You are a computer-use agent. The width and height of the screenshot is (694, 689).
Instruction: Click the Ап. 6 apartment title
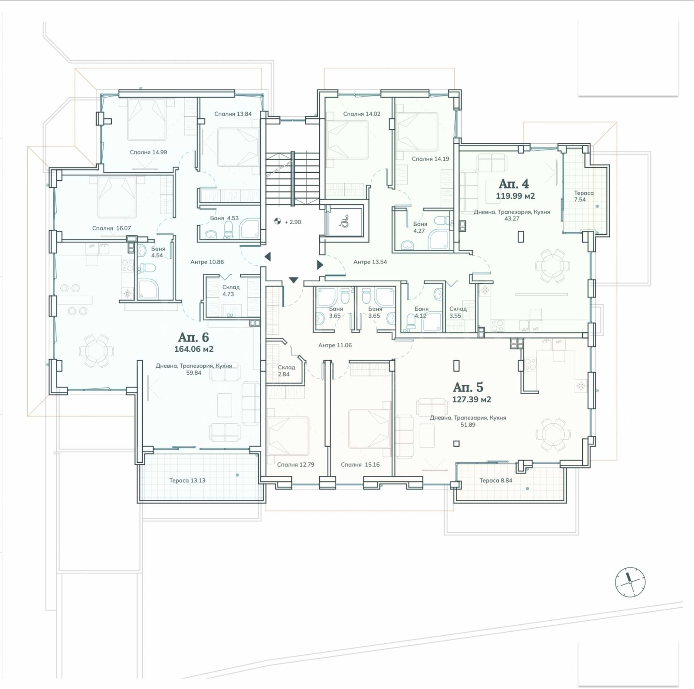coord(193,337)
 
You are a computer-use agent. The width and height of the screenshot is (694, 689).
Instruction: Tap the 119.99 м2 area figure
coord(515,196)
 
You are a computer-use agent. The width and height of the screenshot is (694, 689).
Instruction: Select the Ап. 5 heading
coord(468,387)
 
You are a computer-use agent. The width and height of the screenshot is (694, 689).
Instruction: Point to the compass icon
coord(630,582)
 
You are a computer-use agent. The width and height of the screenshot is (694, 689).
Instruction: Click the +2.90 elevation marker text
coord(292,222)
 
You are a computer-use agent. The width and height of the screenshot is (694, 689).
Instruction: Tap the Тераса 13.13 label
coord(187,481)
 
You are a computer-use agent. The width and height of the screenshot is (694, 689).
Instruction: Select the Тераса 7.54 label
coord(584,196)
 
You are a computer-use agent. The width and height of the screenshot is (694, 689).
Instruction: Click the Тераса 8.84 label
coord(496,481)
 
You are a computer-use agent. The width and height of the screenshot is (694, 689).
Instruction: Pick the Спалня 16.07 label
coord(111,228)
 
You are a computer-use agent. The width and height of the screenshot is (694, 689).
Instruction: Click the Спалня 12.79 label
coord(296,465)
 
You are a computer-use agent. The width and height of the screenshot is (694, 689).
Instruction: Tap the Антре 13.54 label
coord(370,262)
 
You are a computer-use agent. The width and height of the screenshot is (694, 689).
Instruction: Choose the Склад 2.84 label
coord(286,371)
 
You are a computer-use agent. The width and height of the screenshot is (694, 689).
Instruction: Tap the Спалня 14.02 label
coord(362,114)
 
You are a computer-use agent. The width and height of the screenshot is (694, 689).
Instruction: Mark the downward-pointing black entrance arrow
coord(294,280)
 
